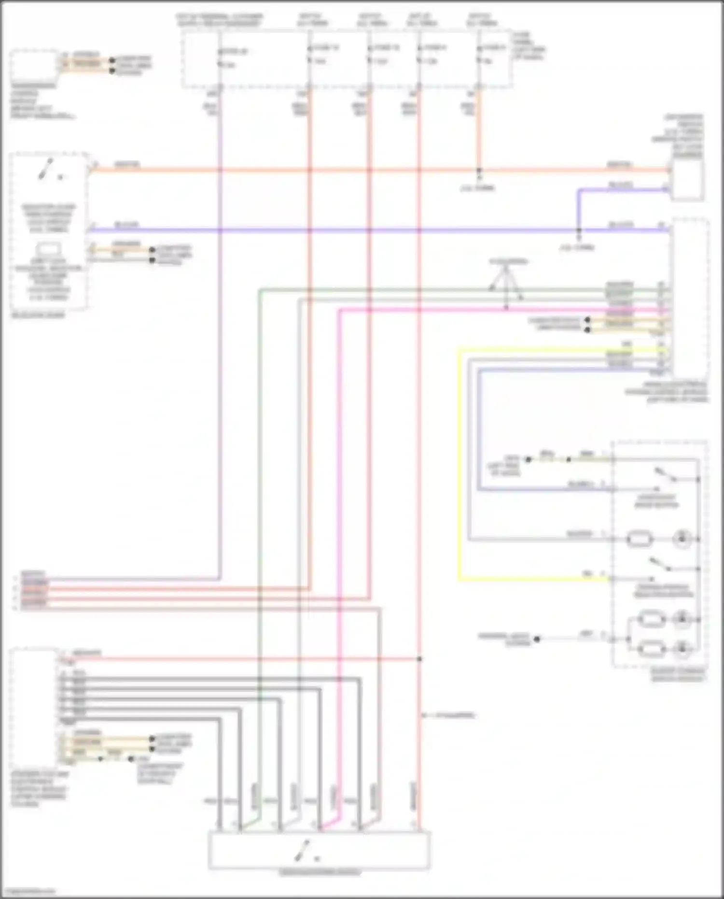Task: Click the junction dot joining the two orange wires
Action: click(479, 171)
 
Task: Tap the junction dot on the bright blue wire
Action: click(579, 230)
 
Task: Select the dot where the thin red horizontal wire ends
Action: click(419, 659)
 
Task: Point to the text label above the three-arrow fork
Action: click(508, 262)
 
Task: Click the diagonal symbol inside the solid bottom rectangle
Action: click(303, 851)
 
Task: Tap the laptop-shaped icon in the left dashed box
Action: click(48, 250)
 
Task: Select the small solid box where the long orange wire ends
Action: click(688, 179)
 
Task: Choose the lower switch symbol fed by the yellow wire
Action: click(660, 565)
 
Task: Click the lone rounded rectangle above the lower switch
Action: click(639, 539)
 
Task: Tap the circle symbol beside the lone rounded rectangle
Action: click(682, 539)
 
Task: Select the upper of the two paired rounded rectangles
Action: click(652, 619)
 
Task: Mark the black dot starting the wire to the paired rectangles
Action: click(537, 639)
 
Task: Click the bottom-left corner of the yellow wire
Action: click(459, 578)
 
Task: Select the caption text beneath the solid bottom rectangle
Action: click(320, 873)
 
